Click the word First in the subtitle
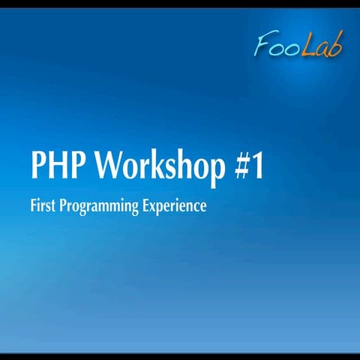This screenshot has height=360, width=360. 42,205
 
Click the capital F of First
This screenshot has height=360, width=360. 34,205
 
